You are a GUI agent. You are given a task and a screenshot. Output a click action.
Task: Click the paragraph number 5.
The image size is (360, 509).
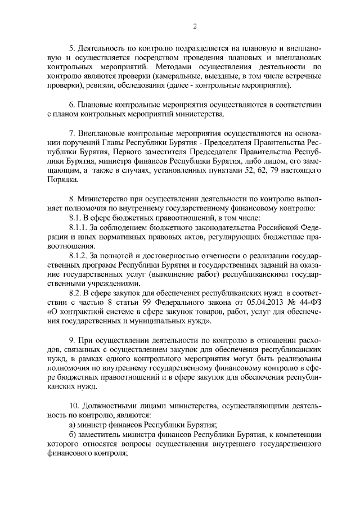[71, 48]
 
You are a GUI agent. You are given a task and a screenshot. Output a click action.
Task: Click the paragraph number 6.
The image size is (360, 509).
[71, 105]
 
